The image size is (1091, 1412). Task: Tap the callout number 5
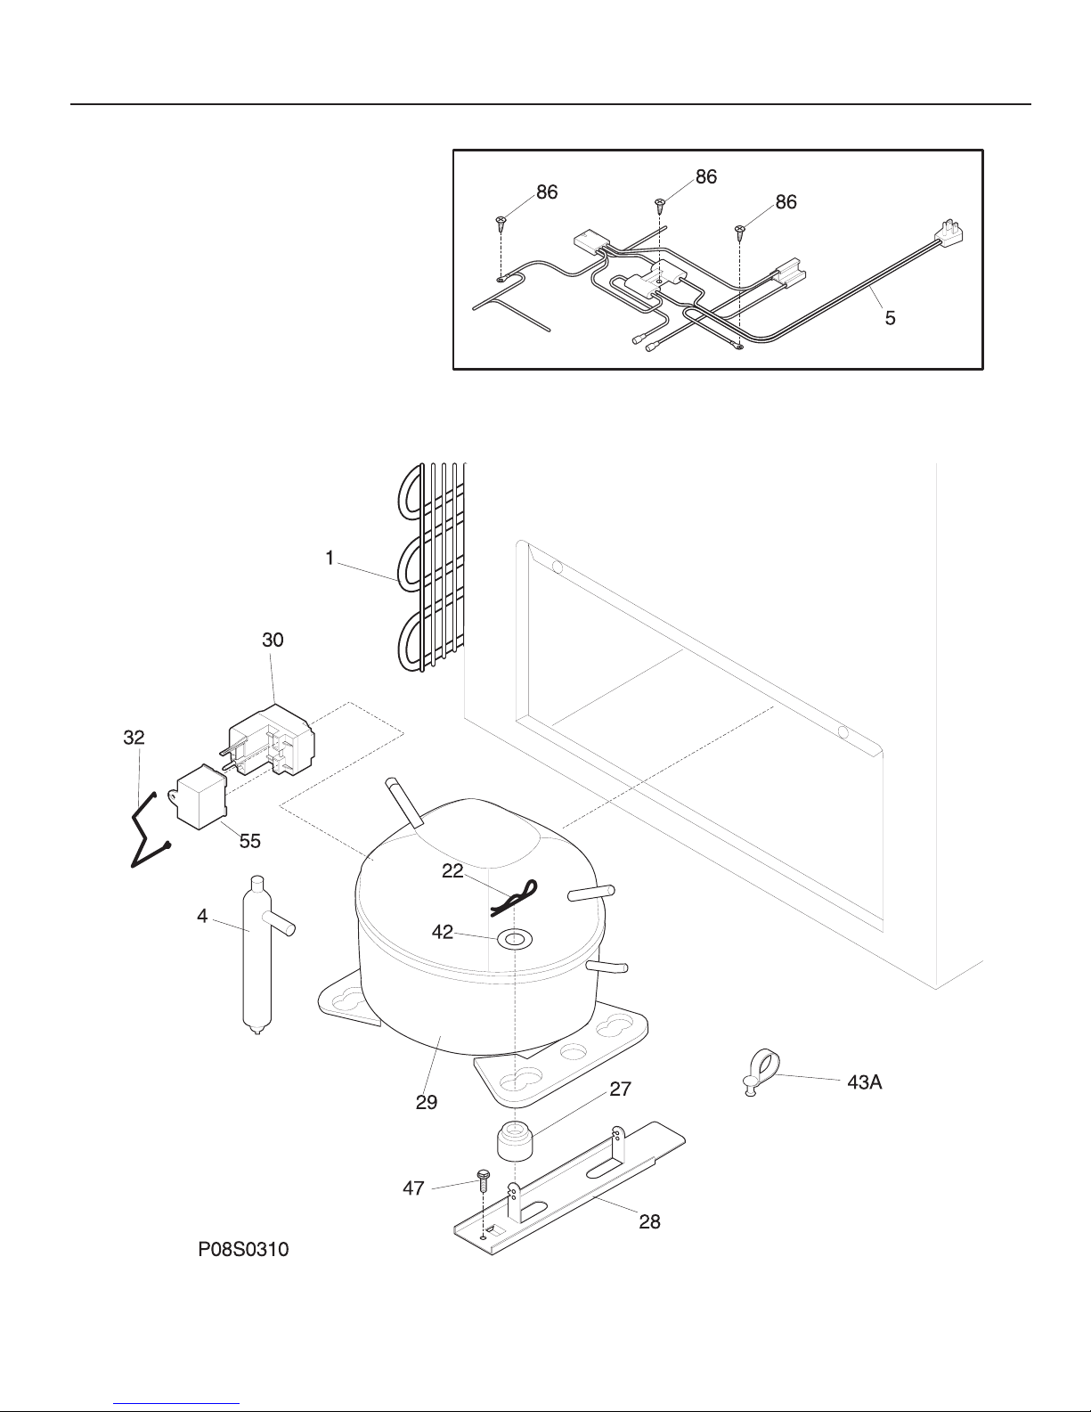click(891, 318)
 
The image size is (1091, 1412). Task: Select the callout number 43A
click(865, 1081)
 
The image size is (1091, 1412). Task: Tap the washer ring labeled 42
click(515, 938)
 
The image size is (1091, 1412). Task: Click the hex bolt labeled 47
click(483, 1180)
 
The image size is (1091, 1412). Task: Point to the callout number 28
click(649, 1222)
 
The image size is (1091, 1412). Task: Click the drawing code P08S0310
click(243, 1250)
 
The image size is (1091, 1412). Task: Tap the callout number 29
click(427, 1102)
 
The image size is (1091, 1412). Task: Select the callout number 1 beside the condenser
click(330, 558)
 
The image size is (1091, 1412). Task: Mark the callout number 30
click(273, 640)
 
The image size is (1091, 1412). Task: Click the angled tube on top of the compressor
click(404, 802)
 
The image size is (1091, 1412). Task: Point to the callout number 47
click(413, 1188)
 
